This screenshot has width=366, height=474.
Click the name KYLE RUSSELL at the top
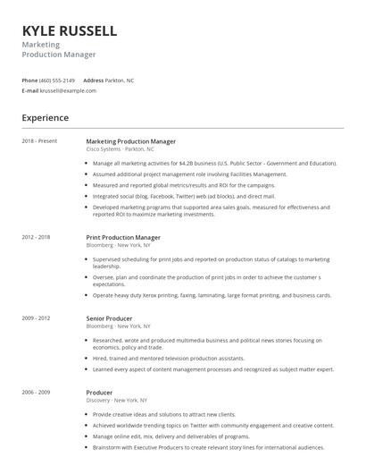70,30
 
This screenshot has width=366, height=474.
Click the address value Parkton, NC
120,80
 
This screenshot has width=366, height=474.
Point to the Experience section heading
45,117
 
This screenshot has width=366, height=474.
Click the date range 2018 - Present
39,141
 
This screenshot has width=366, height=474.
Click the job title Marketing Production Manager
130,141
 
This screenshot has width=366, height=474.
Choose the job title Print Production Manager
123,238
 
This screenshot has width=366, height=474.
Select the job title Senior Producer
109,318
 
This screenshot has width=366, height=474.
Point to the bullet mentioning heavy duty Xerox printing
212,295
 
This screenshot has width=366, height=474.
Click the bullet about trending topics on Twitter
213,426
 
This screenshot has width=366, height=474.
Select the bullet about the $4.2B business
214,164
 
